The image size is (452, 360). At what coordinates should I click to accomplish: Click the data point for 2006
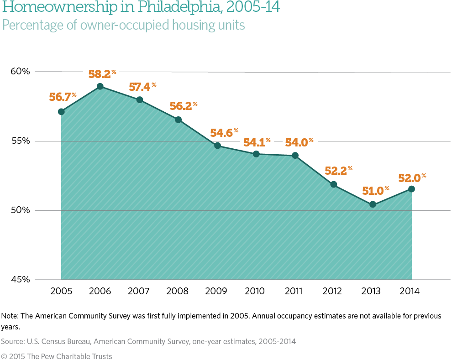click(100, 86)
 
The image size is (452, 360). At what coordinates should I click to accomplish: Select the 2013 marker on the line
click(373, 204)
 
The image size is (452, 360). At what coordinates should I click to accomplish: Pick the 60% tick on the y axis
click(21, 72)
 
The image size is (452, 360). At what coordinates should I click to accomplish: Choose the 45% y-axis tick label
click(21, 280)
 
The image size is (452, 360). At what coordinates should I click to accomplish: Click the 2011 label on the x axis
click(295, 291)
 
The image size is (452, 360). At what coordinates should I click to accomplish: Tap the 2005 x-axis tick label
click(61, 291)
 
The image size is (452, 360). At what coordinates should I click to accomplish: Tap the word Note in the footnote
click(10, 316)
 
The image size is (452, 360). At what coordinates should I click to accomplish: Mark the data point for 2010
click(256, 154)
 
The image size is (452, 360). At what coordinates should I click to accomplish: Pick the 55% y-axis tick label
click(21, 141)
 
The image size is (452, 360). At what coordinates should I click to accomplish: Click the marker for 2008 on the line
click(178, 120)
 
